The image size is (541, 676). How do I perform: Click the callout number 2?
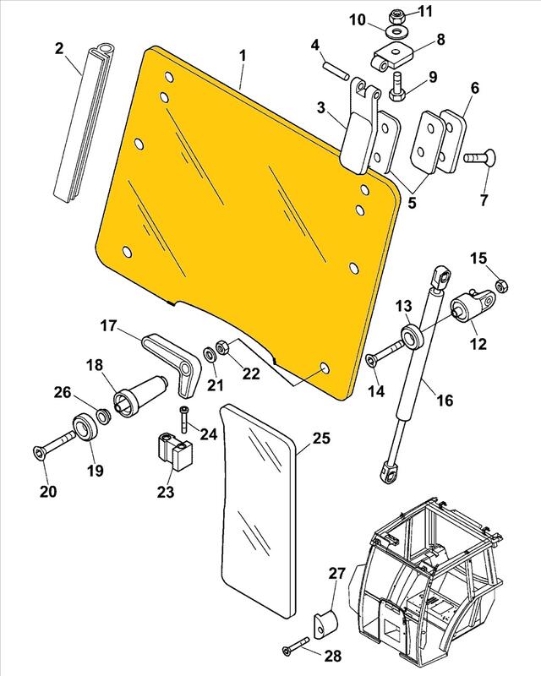pos(59,48)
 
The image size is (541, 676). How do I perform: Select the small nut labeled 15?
pos(500,286)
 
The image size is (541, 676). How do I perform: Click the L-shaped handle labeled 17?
pos(174,355)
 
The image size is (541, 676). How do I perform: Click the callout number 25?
pos(320,439)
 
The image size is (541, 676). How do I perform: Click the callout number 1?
pos(242,57)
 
